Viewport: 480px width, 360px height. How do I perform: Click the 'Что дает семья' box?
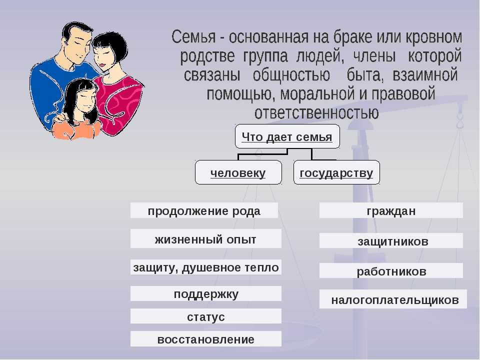(x=287, y=136)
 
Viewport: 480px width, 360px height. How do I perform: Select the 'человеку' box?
(x=238, y=172)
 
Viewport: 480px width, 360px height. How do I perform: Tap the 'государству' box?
(x=336, y=172)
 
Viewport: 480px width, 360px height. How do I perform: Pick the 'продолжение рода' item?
(x=204, y=210)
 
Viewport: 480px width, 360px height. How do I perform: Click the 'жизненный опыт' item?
(x=205, y=238)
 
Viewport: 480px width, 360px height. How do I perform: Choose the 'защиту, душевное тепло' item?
(x=205, y=267)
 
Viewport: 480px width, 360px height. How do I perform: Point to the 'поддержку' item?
(x=205, y=293)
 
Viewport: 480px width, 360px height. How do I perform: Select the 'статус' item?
(x=205, y=316)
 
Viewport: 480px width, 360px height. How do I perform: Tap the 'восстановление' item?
(x=205, y=339)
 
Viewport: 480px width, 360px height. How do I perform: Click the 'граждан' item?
(x=391, y=210)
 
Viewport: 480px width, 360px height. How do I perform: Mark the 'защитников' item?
(x=391, y=240)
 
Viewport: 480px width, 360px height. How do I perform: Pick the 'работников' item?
(x=391, y=270)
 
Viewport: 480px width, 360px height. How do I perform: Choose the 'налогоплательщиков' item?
(x=393, y=299)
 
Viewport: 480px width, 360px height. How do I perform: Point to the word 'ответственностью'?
(x=316, y=112)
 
